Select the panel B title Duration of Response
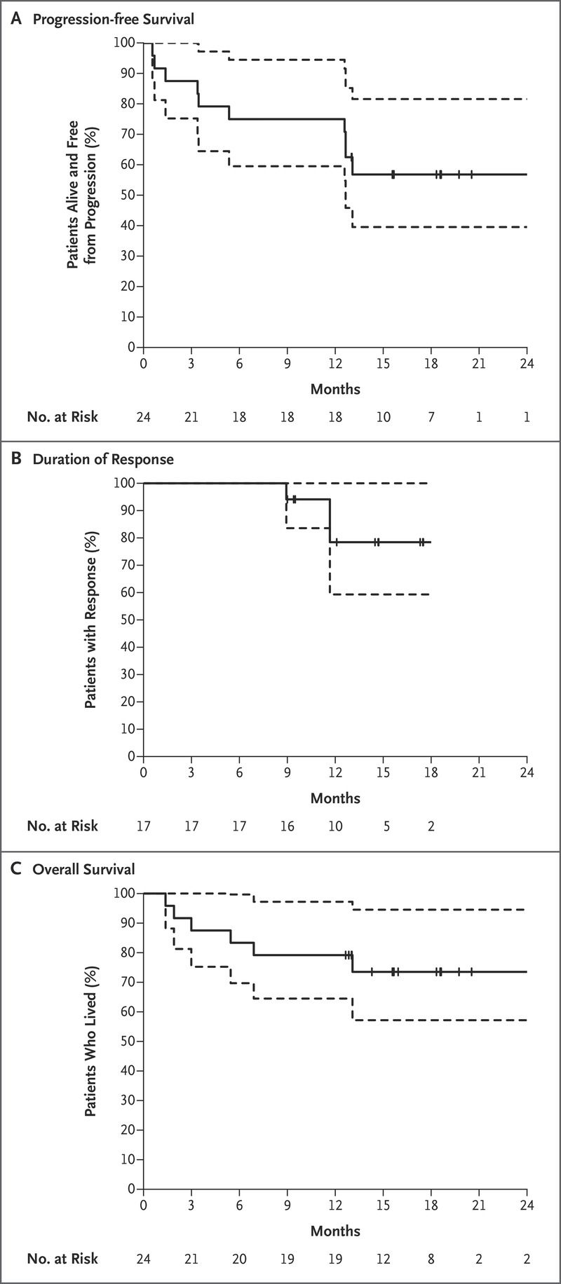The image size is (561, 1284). pyautogui.click(x=103, y=460)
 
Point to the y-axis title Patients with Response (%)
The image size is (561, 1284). pyautogui.click(x=90, y=620)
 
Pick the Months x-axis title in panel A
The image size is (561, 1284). pyautogui.click(x=335, y=388)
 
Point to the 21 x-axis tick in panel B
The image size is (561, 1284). pyautogui.click(x=479, y=772)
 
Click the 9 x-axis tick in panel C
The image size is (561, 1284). pyautogui.click(x=288, y=1205)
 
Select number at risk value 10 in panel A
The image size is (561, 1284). pyautogui.click(x=383, y=416)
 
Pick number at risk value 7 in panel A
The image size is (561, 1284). pyautogui.click(x=431, y=416)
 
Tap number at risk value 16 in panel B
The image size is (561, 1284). pyautogui.click(x=288, y=826)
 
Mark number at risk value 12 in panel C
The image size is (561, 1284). pyautogui.click(x=383, y=1258)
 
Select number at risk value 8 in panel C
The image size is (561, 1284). pyautogui.click(x=431, y=1258)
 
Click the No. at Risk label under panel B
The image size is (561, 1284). pyautogui.click(x=62, y=826)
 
